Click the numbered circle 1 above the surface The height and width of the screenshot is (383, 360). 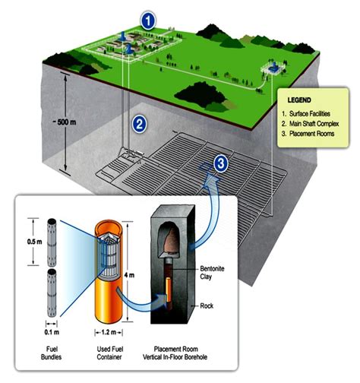(x=150, y=17)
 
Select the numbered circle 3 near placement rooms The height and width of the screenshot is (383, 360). (x=220, y=162)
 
